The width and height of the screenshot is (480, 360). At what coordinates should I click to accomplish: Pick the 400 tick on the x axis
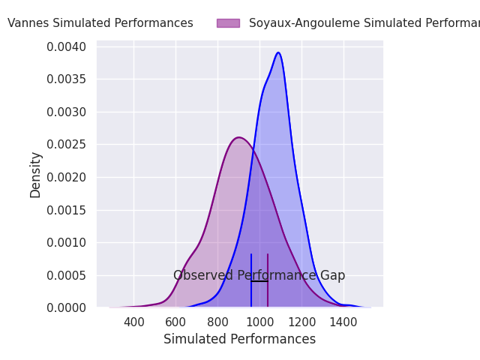(134, 322)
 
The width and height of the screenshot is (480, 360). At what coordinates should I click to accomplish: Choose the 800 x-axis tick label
(218, 322)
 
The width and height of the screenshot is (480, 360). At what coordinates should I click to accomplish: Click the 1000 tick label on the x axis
(260, 322)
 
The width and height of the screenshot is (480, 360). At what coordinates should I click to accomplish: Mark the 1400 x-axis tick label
(344, 322)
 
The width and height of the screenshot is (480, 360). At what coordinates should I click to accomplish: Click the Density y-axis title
(35, 175)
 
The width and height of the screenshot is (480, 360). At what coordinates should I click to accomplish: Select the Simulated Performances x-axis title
(239, 340)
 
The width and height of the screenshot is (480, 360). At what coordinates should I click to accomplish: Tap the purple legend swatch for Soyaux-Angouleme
(228, 23)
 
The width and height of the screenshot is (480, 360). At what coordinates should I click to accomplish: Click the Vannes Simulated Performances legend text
(100, 23)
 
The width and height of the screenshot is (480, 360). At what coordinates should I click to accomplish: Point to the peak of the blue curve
(278, 52)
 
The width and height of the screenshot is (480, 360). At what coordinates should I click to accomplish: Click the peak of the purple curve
(238, 137)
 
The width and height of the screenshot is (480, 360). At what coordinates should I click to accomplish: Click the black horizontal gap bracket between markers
(259, 281)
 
